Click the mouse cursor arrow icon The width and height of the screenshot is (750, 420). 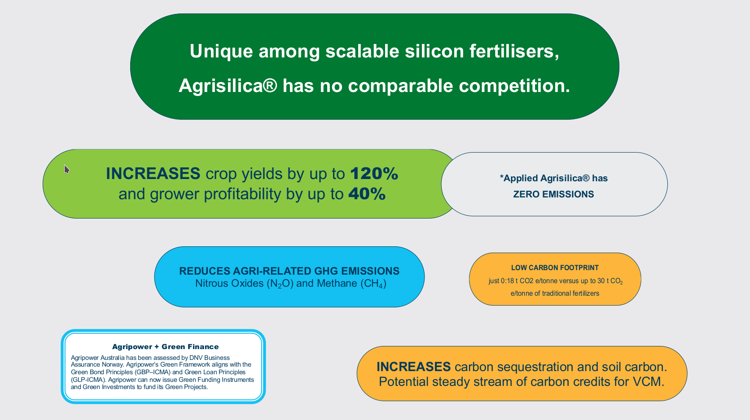(x=66, y=169)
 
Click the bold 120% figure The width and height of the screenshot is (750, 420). (x=374, y=174)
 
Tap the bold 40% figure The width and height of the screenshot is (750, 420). (x=367, y=194)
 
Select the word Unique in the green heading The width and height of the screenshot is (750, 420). (x=221, y=52)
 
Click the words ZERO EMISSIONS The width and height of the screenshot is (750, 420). (x=553, y=194)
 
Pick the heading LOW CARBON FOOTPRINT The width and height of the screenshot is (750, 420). (x=555, y=268)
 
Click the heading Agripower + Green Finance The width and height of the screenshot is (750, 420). (x=165, y=347)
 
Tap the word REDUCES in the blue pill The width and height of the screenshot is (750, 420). (x=205, y=271)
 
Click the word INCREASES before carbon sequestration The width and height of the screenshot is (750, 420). (x=413, y=367)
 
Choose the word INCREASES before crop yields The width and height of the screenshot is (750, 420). (x=153, y=174)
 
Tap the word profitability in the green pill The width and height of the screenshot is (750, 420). (x=242, y=194)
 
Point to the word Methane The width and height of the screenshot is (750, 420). (x=337, y=284)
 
